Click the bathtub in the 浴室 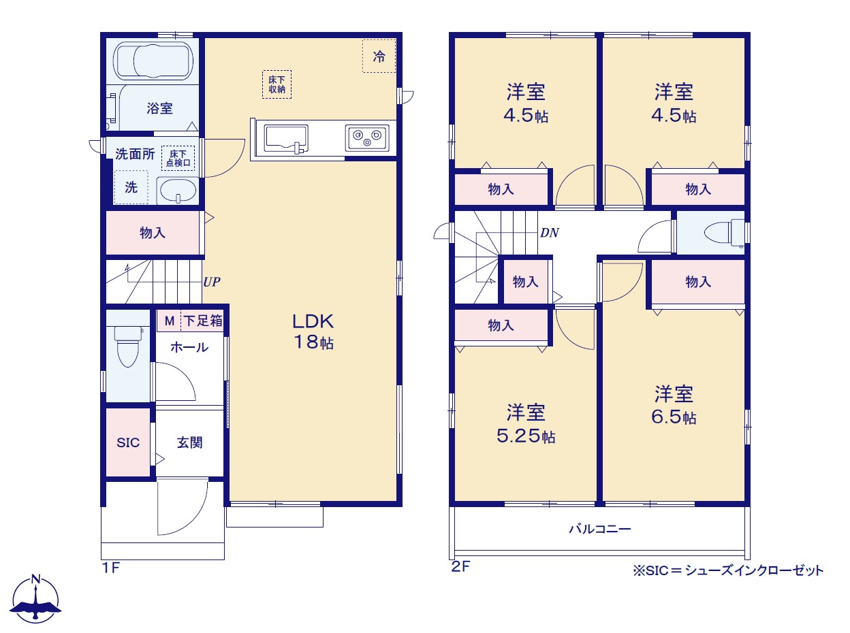tap(153, 61)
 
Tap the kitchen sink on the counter tap(286, 139)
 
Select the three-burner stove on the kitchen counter tap(367, 137)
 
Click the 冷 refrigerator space tap(379, 56)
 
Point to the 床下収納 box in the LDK tap(277, 84)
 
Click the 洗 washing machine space tap(131, 187)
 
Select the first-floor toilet tap(129, 346)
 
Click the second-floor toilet tap(724, 233)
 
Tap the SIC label tap(128, 442)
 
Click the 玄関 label tap(190, 442)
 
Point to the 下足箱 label tap(203, 321)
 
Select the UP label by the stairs tap(212, 282)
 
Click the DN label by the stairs tap(550, 233)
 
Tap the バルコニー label tap(600, 529)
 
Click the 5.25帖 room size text tap(526, 436)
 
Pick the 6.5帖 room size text tap(674, 417)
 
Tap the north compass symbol tap(35, 599)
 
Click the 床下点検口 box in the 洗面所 tap(178, 158)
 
